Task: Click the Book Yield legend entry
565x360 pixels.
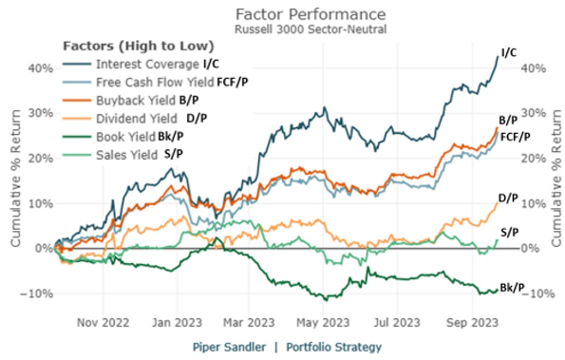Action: coord(128,134)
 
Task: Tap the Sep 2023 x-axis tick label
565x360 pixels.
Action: coord(472,320)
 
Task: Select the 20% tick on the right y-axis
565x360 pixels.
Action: coord(538,159)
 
